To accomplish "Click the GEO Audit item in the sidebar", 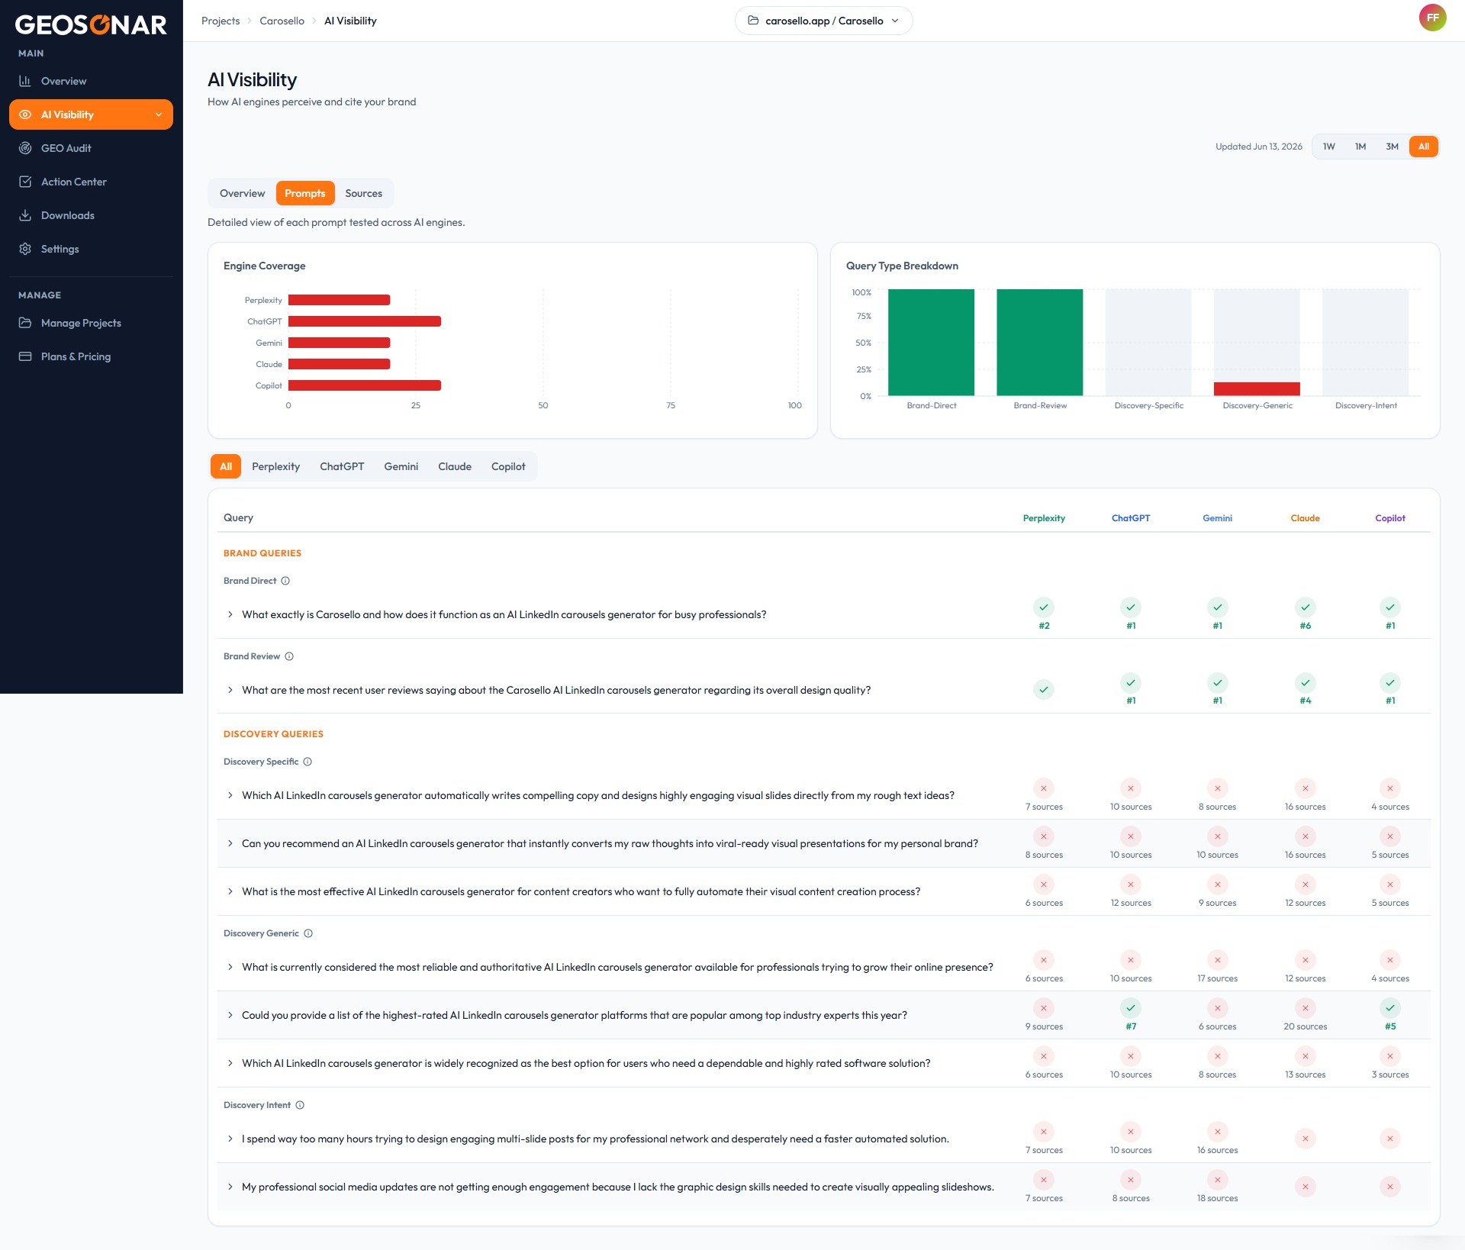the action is pos(66,148).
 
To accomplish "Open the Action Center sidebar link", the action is pos(73,182).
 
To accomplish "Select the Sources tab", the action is pos(363,193).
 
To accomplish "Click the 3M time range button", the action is pos(1392,147).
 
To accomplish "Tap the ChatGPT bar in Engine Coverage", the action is pos(365,321).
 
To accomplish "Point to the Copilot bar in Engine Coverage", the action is pos(365,385).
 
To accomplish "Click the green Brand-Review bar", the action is pos(1039,342).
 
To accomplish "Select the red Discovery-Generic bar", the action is pos(1257,388).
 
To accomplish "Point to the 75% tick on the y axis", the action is pos(864,316).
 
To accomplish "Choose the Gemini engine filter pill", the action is pos(401,466).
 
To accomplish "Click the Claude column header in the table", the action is pos(1305,518).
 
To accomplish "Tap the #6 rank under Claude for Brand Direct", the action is pos(1305,626).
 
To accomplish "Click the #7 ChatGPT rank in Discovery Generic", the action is pos(1131,1026).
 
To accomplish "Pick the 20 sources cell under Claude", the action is pos(1305,1026).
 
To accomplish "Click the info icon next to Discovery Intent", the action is pos(300,1105).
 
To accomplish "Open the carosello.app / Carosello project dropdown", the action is pos(823,21).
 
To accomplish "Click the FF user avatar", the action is pos(1432,18).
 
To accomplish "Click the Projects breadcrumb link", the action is pos(221,21).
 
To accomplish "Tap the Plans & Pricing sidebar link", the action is pos(76,356).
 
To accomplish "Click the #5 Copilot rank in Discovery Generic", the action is pos(1390,1026).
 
